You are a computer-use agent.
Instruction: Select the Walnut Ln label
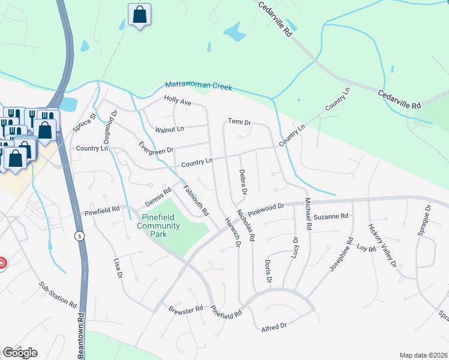tap(169, 129)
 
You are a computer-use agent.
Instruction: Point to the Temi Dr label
tap(239, 122)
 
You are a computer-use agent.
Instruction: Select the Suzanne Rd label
tap(331, 216)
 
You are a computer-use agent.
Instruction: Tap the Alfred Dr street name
tap(274, 326)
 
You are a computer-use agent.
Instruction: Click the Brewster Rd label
tap(185, 310)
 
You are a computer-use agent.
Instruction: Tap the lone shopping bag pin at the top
tap(139, 16)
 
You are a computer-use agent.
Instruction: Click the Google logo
tap(20, 353)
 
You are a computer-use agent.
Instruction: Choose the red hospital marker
tap(2, 263)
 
